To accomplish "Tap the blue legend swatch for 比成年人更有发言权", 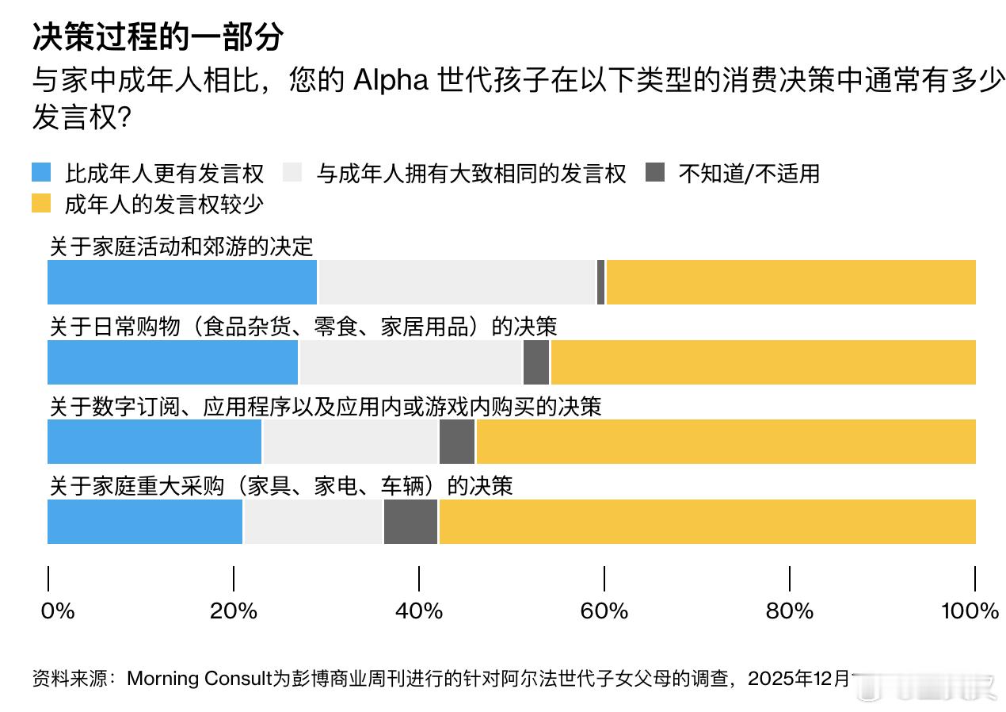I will pos(41,173).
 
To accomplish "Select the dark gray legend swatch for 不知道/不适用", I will pos(655,173).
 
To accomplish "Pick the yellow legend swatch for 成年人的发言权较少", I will pos(41,204).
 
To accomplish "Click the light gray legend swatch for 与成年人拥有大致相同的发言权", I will pos(292,173).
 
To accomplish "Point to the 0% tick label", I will pos(57,611).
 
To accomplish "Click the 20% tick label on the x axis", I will pos(234,611).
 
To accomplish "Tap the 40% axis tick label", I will pos(419,611).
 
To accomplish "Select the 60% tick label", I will pos(604,611).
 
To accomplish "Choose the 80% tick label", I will pos(790,611).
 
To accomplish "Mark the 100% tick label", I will pos(970,611).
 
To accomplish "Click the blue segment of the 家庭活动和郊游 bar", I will pos(182,281).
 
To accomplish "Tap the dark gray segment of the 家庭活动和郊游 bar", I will pos(600,281).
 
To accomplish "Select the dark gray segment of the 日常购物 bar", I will pos(536,362).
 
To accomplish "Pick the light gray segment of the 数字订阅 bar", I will pos(350,442).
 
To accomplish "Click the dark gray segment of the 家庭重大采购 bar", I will pos(410,522).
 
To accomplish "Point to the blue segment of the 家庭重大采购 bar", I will pos(145,522).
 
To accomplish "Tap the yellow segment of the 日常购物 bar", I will pos(763,362).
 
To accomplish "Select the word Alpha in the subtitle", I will pos(389,81).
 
